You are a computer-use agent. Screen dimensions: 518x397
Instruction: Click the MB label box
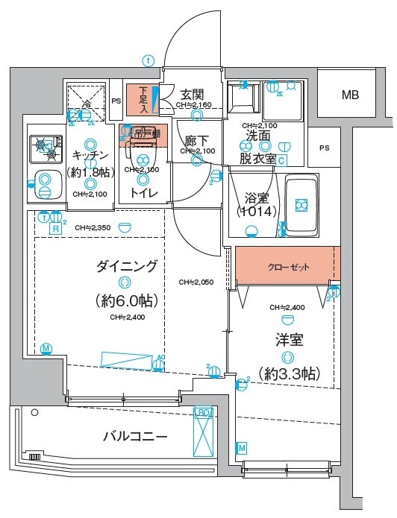[x=349, y=95]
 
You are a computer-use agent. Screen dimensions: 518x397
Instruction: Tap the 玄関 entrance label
[x=192, y=95]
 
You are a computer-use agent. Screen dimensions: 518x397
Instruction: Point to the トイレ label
[x=143, y=192]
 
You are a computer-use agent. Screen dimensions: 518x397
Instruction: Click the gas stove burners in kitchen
[x=46, y=148]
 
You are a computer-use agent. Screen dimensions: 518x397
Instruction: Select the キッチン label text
[x=90, y=155]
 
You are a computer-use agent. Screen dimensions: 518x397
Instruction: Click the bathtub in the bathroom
[x=299, y=204]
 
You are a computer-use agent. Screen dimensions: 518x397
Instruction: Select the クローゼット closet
[x=287, y=267]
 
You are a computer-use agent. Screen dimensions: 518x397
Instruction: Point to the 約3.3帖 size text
[x=288, y=372]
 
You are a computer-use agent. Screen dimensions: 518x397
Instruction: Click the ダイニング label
[x=126, y=265]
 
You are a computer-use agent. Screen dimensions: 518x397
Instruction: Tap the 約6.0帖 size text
[x=125, y=300]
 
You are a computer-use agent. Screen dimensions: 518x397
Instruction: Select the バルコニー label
[x=134, y=436]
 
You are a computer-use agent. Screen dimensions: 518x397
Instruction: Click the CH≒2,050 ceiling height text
[x=196, y=282]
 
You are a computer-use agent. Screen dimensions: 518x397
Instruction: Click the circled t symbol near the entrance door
[x=149, y=60]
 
